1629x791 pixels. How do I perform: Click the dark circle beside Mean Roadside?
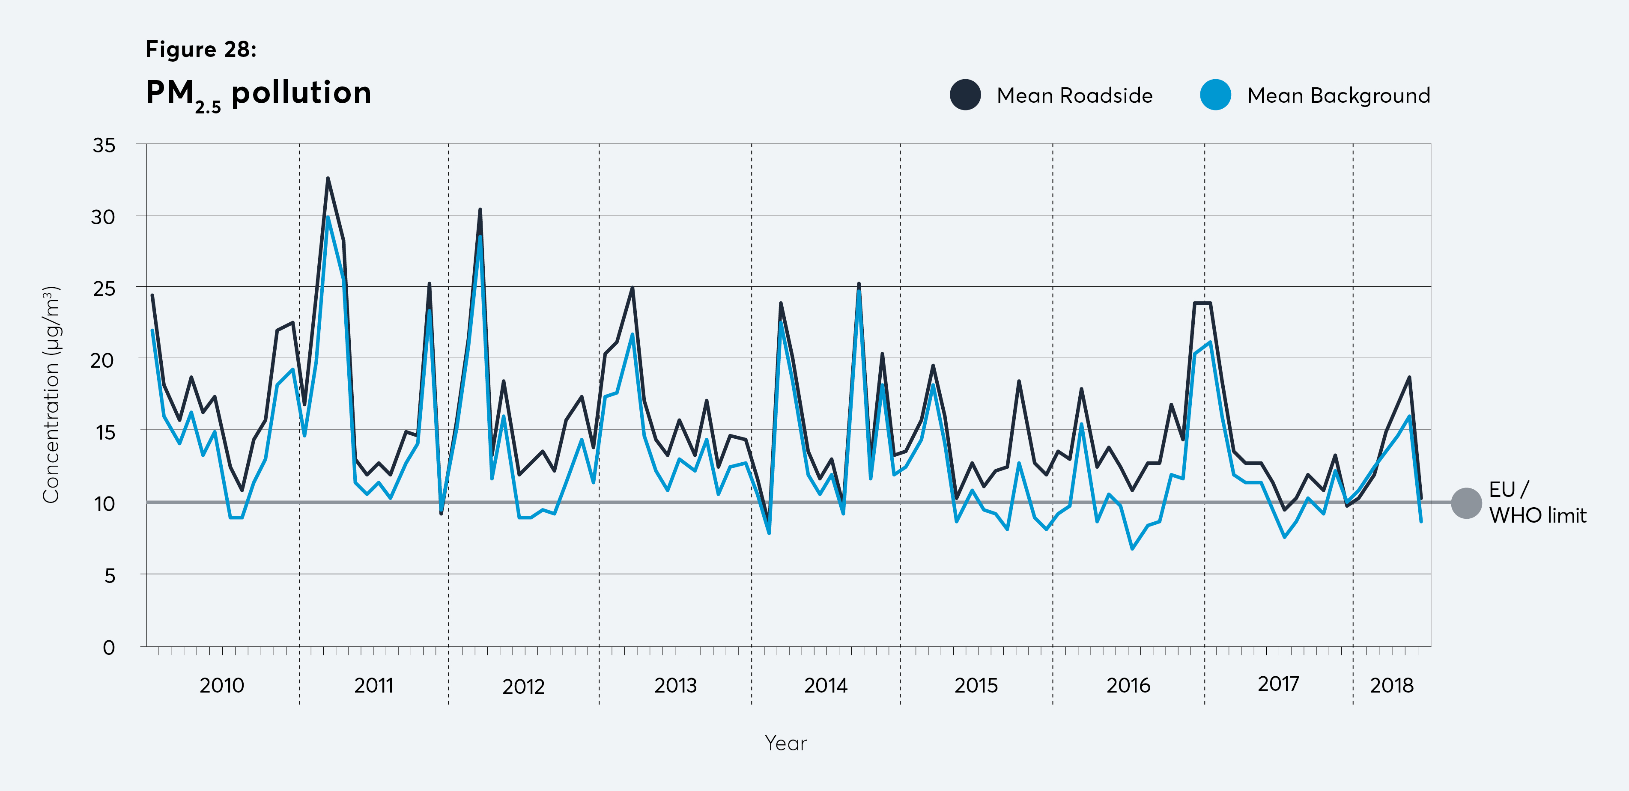pos(965,95)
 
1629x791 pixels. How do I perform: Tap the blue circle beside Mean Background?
pos(1215,95)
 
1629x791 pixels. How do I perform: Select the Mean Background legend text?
pos(1338,95)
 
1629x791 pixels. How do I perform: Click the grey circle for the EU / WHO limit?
pos(1466,503)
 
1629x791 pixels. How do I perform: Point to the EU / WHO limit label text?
pos(1537,503)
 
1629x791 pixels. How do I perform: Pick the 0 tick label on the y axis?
pos(109,648)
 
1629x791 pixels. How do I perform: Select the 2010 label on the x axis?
pos(221,685)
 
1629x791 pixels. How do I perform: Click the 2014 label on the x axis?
pos(825,685)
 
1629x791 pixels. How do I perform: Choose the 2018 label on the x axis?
pos(1391,685)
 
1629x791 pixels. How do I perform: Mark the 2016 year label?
pos(1128,685)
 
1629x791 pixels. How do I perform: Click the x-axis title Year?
pos(785,743)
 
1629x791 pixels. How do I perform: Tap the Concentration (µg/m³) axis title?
pos(51,395)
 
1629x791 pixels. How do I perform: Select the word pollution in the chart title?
pos(301,92)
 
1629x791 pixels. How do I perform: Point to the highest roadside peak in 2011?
pos(328,178)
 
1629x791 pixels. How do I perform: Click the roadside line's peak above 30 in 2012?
pos(480,209)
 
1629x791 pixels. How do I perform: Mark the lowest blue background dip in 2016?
pos(1132,549)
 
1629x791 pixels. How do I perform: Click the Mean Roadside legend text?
pos(1074,95)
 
